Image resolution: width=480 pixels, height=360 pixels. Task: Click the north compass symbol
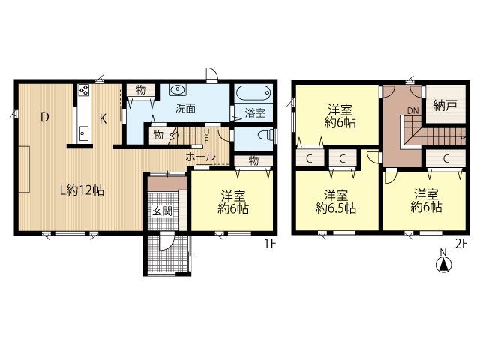point(443,265)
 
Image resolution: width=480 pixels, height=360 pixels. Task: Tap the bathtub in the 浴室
point(253,92)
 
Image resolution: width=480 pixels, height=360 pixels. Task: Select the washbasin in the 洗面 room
point(177,90)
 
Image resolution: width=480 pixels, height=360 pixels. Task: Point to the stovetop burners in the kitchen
point(83,90)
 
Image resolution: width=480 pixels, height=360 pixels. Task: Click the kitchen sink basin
point(82,133)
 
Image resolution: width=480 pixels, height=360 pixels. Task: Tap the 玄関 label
point(162,211)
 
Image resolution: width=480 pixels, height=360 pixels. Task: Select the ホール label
point(200,157)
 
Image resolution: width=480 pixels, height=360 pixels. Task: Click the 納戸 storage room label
point(445,105)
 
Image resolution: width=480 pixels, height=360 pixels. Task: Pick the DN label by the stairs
point(412,111)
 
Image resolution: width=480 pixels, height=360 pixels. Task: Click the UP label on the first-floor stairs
point(207,136)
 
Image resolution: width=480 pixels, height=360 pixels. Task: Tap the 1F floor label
point(270,244)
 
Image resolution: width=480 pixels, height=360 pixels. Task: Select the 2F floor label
point(462,244)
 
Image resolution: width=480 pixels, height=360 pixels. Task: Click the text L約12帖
point(82,190)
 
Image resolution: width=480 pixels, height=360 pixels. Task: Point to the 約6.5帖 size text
point(335,208)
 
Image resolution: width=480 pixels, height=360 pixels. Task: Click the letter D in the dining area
point(45,117)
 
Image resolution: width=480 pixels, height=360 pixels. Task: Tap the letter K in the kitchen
point(103,118)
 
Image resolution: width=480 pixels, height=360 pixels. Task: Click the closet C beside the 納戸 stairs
point(446,159)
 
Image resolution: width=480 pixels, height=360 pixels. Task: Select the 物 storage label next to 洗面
point(140,90)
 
